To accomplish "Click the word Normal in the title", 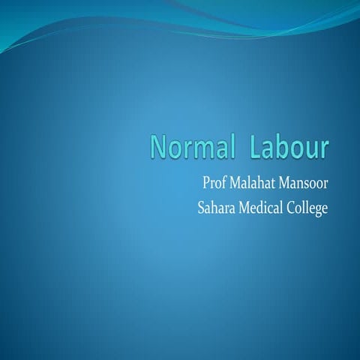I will coord(190,148).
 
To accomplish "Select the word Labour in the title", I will coord(289,148).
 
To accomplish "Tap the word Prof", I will coord(214,184).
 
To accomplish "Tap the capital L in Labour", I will coord(257,148).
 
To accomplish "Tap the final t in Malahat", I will coord(276,184).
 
